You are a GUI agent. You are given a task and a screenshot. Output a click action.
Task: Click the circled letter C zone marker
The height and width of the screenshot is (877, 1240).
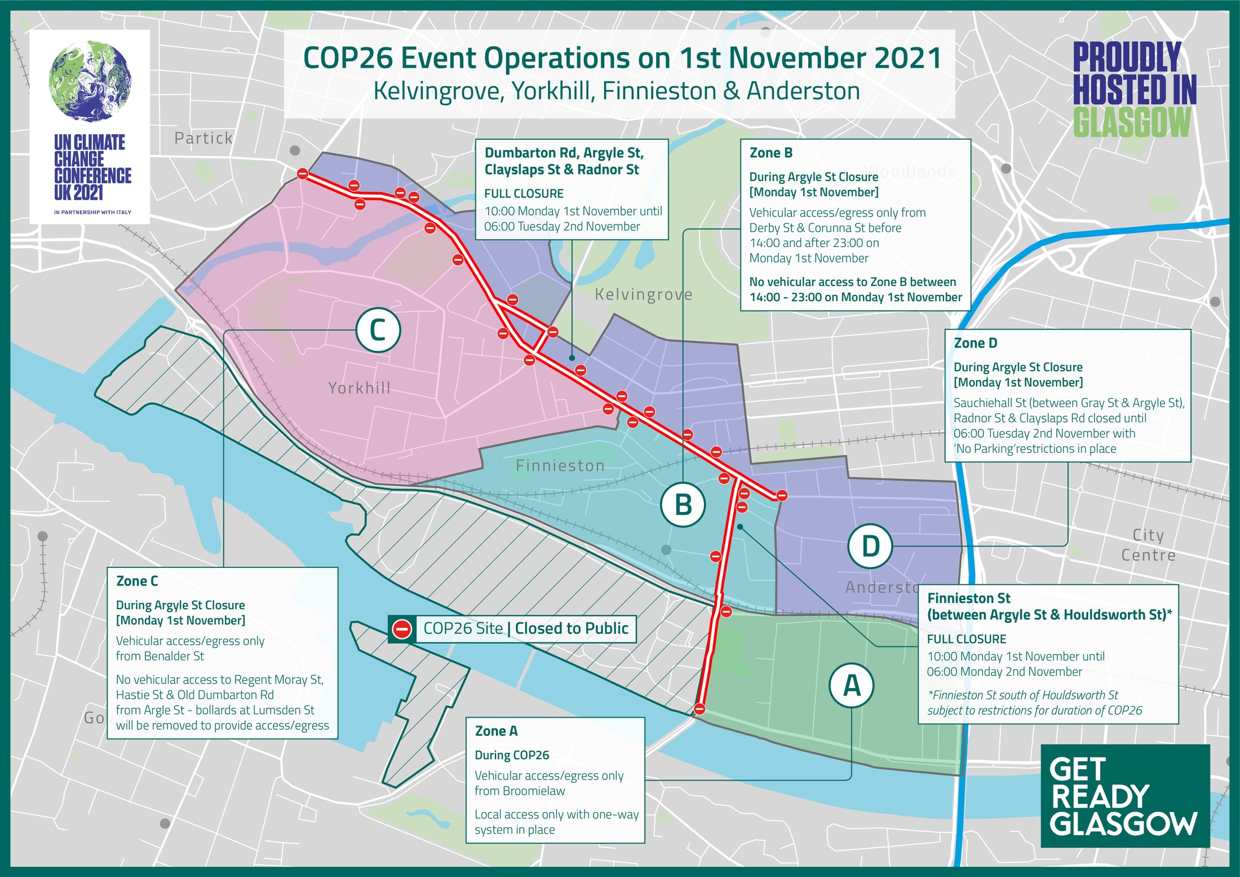pos(378,330)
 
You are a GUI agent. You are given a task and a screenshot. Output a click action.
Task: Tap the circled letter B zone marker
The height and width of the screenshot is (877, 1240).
pos(683,504)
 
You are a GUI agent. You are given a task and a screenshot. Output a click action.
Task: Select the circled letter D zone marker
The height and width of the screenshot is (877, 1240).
pos(870,546)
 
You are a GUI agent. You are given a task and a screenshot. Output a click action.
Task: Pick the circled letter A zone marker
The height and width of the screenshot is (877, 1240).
pos(851,685)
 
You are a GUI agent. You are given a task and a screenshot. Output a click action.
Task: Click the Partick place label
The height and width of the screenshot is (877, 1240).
pos(203,138)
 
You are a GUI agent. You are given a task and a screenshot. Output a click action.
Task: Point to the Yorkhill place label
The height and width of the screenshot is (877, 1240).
pos(360,388)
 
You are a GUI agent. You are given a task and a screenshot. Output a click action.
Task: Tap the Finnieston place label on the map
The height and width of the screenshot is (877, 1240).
pos(560,466)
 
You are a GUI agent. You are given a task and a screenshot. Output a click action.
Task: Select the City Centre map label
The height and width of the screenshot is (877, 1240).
pos(1148,545)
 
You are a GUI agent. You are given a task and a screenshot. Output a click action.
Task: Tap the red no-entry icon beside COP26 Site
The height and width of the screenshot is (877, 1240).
pos(402,629)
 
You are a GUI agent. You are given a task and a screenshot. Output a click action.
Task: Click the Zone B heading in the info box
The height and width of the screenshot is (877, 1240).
pos(771,153)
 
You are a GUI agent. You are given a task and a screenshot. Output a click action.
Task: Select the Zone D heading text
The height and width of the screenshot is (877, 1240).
pos(975,343)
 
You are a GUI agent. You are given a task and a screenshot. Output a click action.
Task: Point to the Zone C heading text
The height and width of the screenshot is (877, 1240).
pos(137,581)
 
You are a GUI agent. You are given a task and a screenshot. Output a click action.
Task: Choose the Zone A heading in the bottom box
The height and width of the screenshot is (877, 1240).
pos(496,731)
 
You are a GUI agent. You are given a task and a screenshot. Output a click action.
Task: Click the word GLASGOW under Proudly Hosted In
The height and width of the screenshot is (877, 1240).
pos(1132,122)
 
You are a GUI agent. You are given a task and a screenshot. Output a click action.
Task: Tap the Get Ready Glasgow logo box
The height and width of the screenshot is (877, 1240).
pos(1124,795)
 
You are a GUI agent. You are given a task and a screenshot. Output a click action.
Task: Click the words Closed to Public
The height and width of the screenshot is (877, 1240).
pos(572,629)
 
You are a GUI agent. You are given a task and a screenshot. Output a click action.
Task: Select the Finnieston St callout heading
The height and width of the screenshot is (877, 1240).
pos(1049,606)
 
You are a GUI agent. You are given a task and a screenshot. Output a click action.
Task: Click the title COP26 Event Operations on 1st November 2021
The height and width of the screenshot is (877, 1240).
pos(622,58)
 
